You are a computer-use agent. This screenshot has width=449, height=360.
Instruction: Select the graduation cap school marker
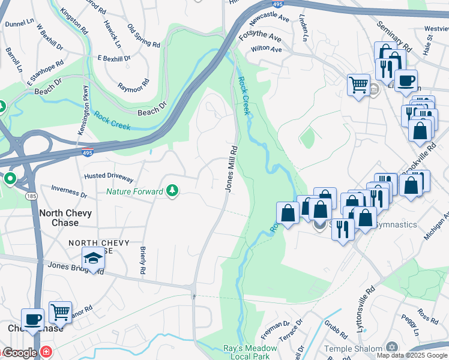pyautogui.click(x=93, y=258)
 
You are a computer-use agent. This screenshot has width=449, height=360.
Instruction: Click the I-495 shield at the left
pyautogui.click(x=88, y=153)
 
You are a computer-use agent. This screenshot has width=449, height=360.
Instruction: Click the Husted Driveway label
pyautogui.click(x=109, y=177)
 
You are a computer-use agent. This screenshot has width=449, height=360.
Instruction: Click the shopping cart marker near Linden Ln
pyautogui.click(x=358, y=85)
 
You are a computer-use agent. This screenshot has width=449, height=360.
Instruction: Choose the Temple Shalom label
pyautogui.click(x=354, y=349)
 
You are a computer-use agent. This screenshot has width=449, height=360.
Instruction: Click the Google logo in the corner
pyautogui.click(x=20, y=353)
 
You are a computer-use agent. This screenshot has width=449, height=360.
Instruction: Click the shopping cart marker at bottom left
pyautogui.click(x=60, y=312)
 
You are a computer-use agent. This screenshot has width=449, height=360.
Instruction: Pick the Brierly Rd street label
pyautogui.click(x=142, y=261)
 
